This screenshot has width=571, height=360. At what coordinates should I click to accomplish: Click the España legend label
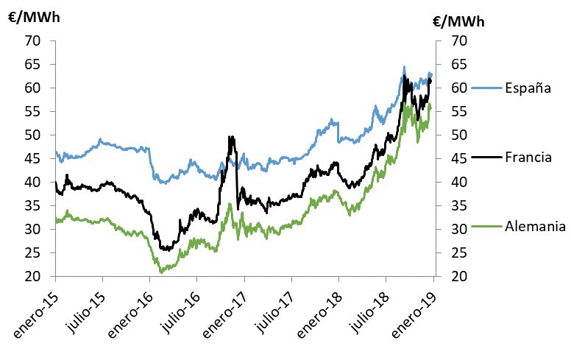coord(528,88)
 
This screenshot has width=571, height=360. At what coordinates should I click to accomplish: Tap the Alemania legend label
coord(534,226)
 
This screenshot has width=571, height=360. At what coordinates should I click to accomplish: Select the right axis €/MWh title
coord(459,21)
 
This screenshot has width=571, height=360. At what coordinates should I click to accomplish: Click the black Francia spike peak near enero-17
coord(232,137)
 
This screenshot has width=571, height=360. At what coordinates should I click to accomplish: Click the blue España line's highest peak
coord(404,67)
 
